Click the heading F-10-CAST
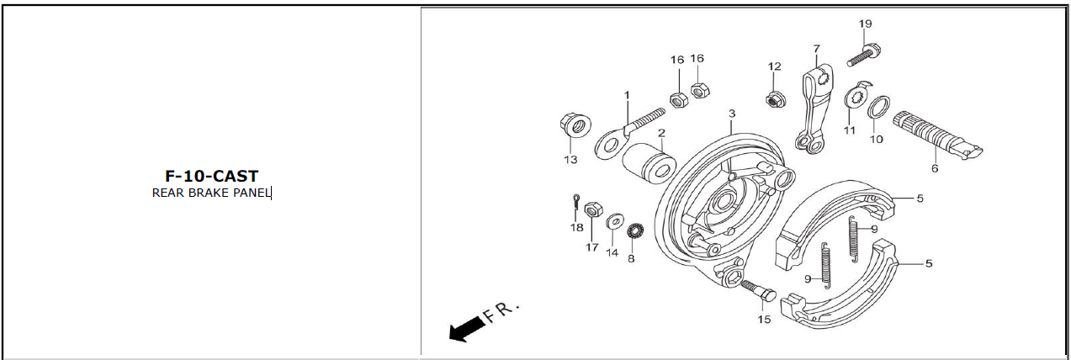(x=211, y=176)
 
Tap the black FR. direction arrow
(x=467, y=330)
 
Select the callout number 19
(x=865, y=24)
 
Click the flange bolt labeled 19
(x=864, y=55)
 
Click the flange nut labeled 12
(x=775, y=99)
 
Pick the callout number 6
(x=934, y=168)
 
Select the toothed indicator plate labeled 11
(x=856, y=98)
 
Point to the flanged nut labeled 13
(x=575, y=124)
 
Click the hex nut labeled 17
(x=593, y=209)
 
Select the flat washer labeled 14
(x=615, y=221)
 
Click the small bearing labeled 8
(x=634, y=231)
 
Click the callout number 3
(x=732, y=114)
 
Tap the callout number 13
(x=570, y=160)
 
